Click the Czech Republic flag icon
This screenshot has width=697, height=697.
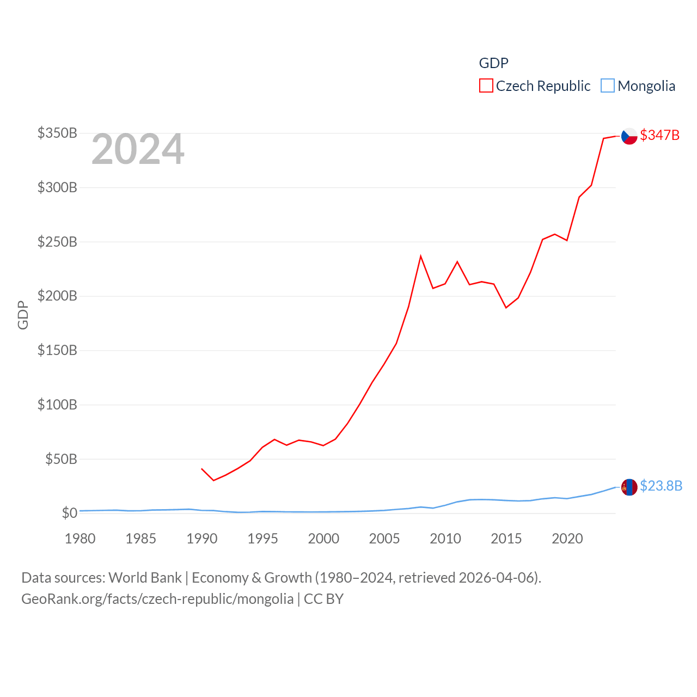pos(629,136)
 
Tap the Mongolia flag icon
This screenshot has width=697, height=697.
pos(629,487)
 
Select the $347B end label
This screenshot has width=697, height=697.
pos(660,135)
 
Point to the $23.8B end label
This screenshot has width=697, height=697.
pos(661,486)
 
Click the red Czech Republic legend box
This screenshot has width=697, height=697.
pos(486,86)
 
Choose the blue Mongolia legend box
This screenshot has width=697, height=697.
pos(608,86)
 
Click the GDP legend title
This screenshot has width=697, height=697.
pos(493,63)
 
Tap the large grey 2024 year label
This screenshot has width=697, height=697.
pos(138,149)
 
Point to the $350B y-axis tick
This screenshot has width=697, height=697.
pos(57,133)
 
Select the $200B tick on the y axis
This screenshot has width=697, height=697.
pos(57,296)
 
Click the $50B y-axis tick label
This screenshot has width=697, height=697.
pos(61,459)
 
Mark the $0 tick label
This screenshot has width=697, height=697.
pos(69,513)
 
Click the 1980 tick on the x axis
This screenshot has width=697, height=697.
pos(80,539)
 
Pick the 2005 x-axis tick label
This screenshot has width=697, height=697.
pos(384,539)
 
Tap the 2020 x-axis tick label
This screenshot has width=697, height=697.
pos(567,539)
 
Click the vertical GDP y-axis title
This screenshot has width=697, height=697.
pos(23,315)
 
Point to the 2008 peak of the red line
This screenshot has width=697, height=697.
pos(421,256)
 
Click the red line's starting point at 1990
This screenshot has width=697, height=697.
pos(201,468)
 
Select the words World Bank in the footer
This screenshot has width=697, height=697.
pos(145,577)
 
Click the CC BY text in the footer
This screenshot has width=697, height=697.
pos(323,599)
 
